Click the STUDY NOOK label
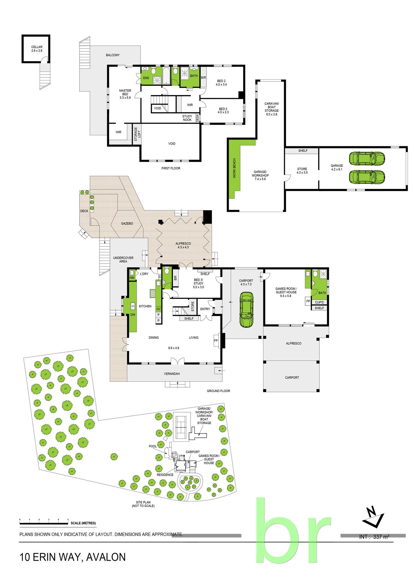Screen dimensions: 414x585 click(x=187, y=118)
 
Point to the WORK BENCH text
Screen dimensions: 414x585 click(x=234, y=168)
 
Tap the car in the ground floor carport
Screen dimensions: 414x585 click(x=246, y=310)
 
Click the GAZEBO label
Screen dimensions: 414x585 click(x=127, y=223)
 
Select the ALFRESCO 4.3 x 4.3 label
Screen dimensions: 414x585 click(x=183, y=245)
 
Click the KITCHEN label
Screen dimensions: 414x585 click(x=145, y=306)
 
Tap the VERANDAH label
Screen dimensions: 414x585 click(x=172, y=374)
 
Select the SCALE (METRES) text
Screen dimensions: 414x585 click(x=83, y=523)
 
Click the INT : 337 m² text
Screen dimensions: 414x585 click(x=374, y=537)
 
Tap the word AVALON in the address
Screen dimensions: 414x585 click(x=106, y=557)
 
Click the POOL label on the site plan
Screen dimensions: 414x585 click(x=153, y=446)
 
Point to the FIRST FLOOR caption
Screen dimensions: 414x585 click(x=171, y=168)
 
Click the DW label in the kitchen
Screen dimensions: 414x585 click(x=133, y=315)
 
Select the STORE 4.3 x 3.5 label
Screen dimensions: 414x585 click(x=302, y=171)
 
